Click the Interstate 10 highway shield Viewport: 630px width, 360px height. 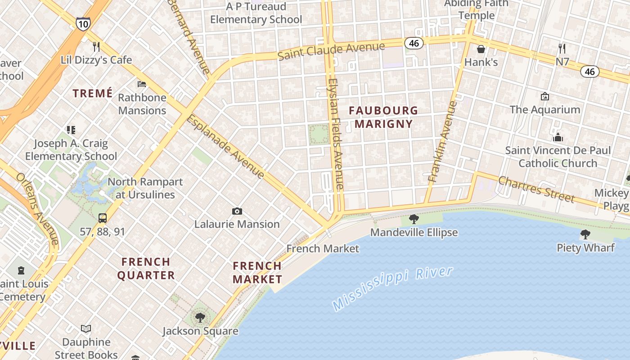click(83, 23)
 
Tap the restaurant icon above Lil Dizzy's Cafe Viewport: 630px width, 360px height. click(96, 46)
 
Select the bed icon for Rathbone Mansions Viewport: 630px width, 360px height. click(142, 84)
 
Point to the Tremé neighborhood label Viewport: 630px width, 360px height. click(93, 93)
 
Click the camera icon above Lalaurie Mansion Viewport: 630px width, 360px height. click(237, 211)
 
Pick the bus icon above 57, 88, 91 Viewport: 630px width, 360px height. click(103, 218)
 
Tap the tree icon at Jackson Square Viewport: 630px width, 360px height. click(200, 318)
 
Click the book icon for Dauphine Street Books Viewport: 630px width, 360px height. click(86, 329)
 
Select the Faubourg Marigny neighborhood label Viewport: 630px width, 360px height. click(383, 117)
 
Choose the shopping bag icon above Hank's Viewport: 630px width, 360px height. click(481, 49)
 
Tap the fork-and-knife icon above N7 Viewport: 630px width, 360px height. click(562, 48)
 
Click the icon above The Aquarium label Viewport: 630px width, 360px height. click(545, 96)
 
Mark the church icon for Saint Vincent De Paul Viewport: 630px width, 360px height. click(558, 137)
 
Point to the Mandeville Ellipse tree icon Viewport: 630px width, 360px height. click(414, 219)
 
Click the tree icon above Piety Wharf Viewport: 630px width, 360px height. click(585, 234)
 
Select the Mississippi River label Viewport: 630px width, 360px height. click(392, 288)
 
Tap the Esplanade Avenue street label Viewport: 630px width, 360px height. click(225, 146)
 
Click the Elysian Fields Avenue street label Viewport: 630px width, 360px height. click(336, 134)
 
